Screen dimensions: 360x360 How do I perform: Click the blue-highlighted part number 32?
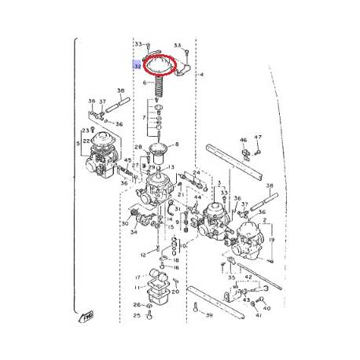138,67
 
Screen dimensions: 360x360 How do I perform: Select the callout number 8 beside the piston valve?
177,145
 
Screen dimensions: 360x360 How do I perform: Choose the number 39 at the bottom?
209,315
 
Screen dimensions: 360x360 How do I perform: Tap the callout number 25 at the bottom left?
136,316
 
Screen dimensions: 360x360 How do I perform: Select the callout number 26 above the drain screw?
136,305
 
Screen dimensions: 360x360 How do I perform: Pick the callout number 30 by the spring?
123,224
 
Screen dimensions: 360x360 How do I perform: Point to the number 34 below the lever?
134,232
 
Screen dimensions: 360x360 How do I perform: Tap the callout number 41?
257,315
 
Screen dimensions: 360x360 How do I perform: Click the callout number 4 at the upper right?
202,75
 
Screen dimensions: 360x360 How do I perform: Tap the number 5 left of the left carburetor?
77,143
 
